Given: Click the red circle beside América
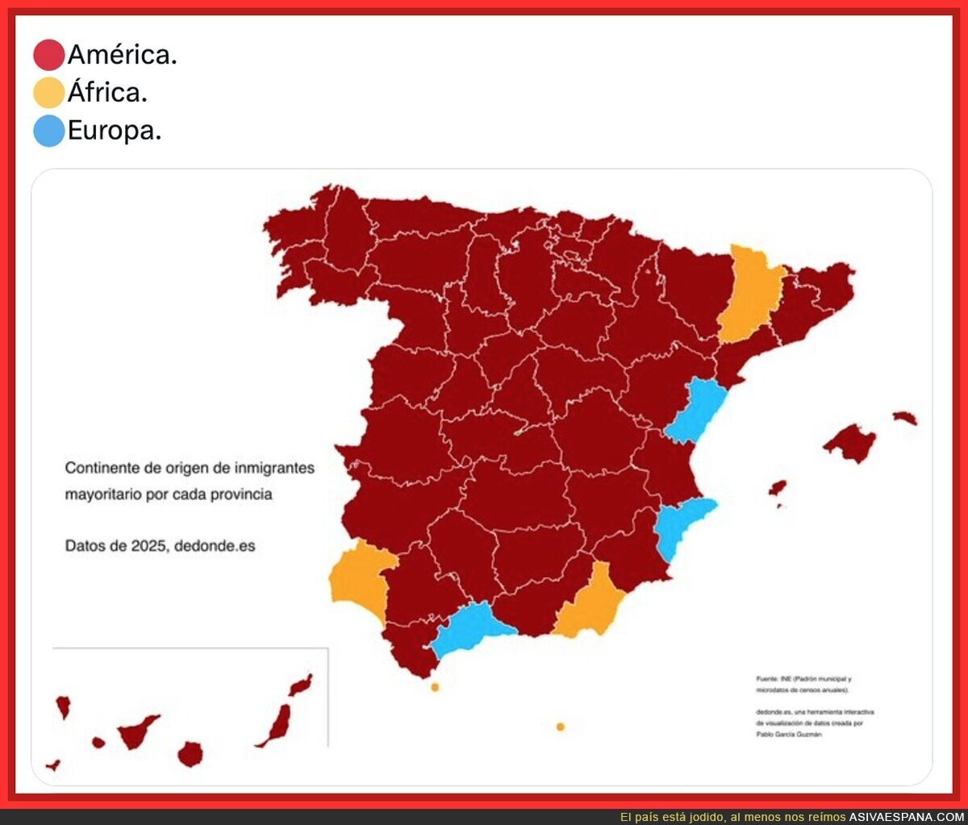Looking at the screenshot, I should pos(48,55).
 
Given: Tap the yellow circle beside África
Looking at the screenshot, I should pos(48,93).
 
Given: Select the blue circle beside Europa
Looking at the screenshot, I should pos(48,131).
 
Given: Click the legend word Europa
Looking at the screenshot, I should pos(115,131).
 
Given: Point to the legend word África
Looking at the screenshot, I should pos(107,93).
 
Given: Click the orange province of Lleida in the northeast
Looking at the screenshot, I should pos(752,294).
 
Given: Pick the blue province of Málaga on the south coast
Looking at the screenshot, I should pos(472,627).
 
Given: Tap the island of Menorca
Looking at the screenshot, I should pos(905,418).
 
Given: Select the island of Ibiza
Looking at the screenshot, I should pos(778,488).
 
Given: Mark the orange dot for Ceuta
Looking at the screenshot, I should pos(435,687).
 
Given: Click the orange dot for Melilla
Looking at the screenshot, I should pos(561,727).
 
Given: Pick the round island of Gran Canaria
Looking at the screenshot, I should pos(190,755).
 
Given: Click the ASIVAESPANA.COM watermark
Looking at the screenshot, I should pos(906,817).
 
